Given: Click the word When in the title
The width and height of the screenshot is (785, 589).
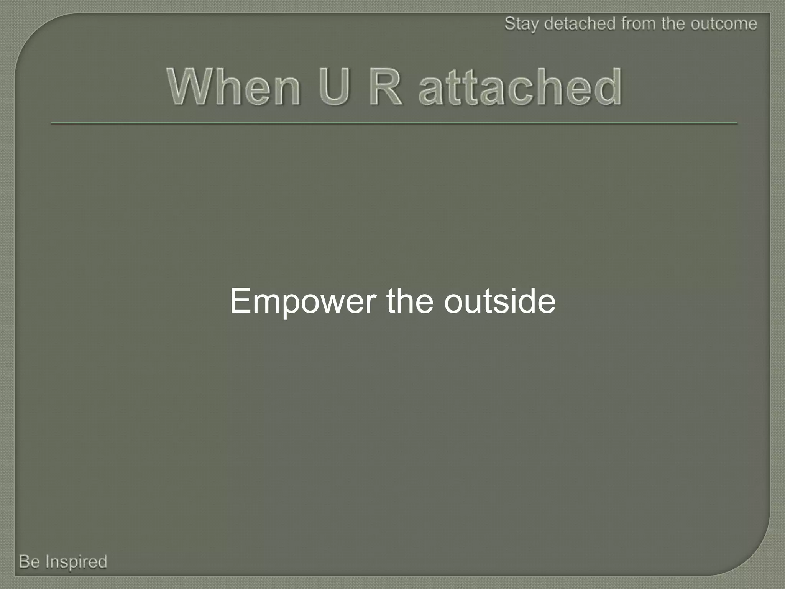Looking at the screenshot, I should [x=234, y=87].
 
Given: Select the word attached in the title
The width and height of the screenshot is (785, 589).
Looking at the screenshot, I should [x=520, y=87].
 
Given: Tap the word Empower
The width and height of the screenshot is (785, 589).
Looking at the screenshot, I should [x=303, y=301].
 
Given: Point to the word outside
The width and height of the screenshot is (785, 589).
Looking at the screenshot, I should [x=500, y=301].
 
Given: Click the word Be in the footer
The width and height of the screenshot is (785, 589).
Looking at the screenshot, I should [x=30, y=562].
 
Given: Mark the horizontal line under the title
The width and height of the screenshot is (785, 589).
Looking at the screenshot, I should [x=394, y=123].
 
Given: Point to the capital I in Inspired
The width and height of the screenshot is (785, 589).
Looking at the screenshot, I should [x=48, y=562].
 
